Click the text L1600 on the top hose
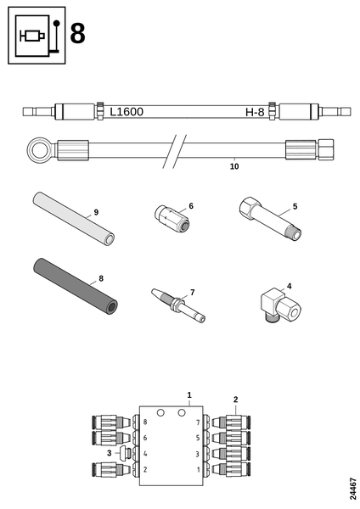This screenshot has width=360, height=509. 127,111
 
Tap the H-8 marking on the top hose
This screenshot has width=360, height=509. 255,112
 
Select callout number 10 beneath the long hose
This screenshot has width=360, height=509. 233,167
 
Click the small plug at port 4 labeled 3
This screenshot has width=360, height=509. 124,454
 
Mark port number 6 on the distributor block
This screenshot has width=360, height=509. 145,438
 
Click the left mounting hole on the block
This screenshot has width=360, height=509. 160,411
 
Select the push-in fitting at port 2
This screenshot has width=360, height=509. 111,469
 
